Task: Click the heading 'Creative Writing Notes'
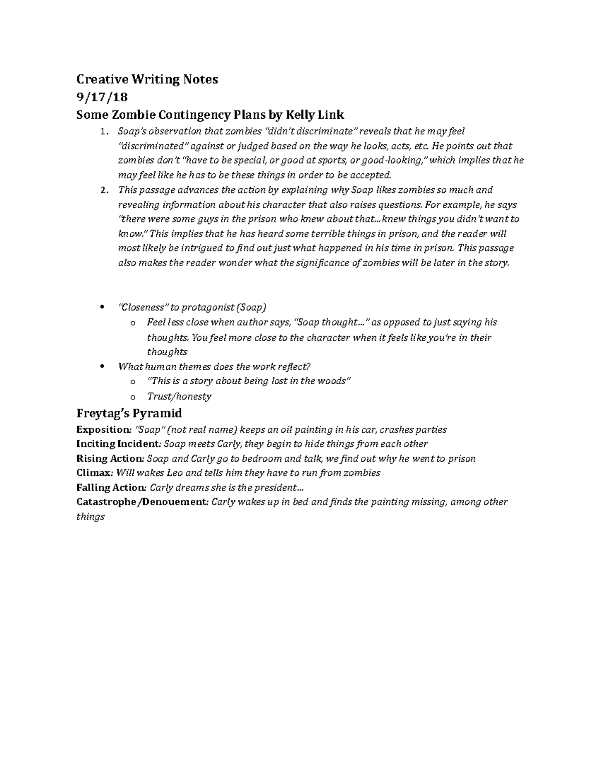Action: coord(147,79)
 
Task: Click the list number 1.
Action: coord(103,132)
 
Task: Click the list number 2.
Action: coord(103,190)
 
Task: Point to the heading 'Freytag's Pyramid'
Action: coord(129,413)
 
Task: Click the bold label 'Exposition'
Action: coord(103,430)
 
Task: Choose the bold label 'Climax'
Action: coord(92,473)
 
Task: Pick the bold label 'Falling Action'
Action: coord(110,487)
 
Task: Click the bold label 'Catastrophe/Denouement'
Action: coord(142,502)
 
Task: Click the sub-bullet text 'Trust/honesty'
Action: coord(179,396)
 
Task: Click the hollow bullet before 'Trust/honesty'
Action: coord(132,397)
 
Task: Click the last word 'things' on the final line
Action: coord(90,516)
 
